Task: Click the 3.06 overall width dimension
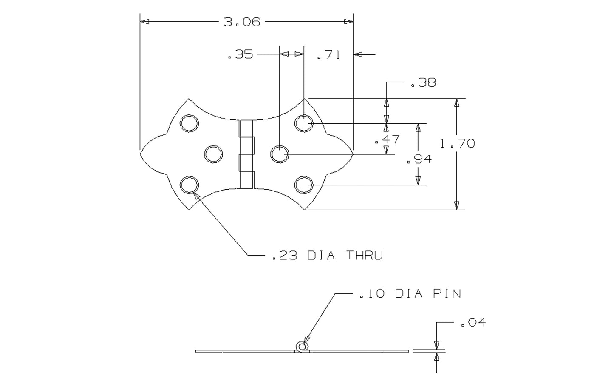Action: click(242, 22)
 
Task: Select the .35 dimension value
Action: click(241, 55)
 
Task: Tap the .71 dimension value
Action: click(328, 55)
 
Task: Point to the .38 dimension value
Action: click(423, 83)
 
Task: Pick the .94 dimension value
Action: click(419, 159)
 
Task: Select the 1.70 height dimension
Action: click(458, 144)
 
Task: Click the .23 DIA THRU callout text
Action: click(327, 256)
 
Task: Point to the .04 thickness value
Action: click(473, 323)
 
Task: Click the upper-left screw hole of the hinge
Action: click(189, 123)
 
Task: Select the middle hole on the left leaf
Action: click(214, 154)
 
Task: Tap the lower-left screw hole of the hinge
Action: click(189, 185)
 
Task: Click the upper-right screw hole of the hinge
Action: click(304, 123)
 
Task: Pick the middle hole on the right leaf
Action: click(279, 154)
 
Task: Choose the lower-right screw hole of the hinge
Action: click(304, 185)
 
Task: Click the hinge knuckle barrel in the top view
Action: click(246, 154)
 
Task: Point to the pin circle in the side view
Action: click(302, 347)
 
